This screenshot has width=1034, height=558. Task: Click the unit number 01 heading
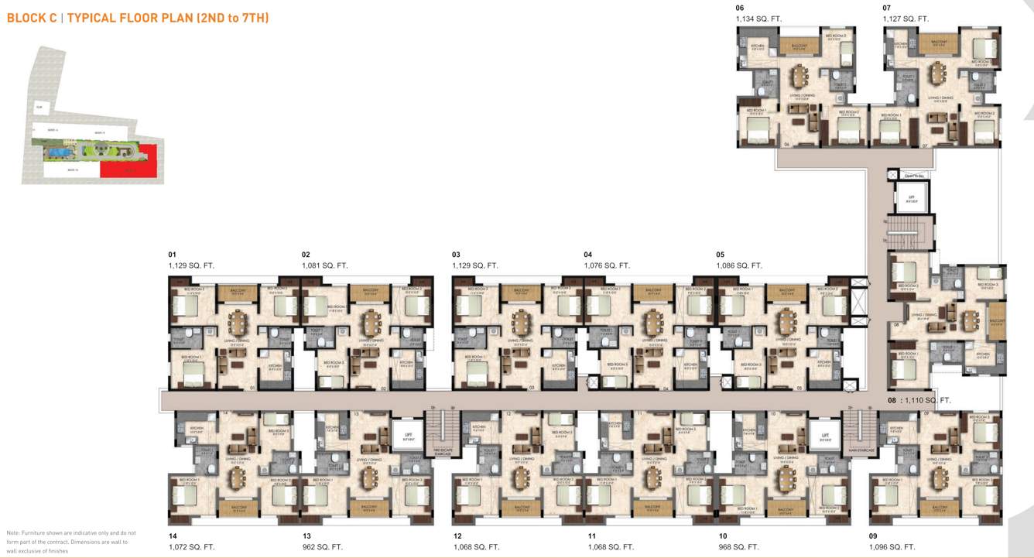[172, 254]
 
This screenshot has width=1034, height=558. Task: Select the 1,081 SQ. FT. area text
[324, 265]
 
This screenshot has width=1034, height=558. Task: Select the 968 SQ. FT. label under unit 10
[739, 547]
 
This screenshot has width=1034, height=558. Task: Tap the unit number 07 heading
[887, 8]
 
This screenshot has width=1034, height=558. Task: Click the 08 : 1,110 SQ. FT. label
[919, 401]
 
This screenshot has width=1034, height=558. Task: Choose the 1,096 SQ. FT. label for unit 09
[892, 547]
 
